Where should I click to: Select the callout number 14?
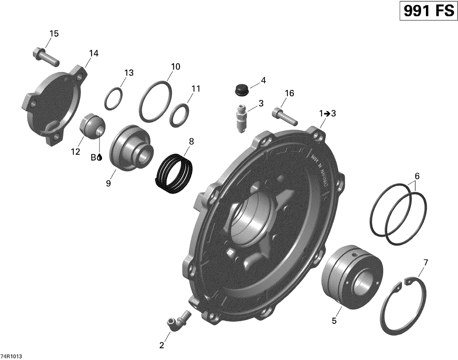tap(94, 53)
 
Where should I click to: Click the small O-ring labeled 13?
tap(114, 98)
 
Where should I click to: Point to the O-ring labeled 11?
tap(179, 115)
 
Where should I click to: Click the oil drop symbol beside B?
tap(100, 157)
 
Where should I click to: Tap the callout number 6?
tap(417, 176)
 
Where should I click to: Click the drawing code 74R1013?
tap(11, 356)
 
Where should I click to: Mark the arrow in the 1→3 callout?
tap(327, 114)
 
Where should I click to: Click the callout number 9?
tap(108, 183)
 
